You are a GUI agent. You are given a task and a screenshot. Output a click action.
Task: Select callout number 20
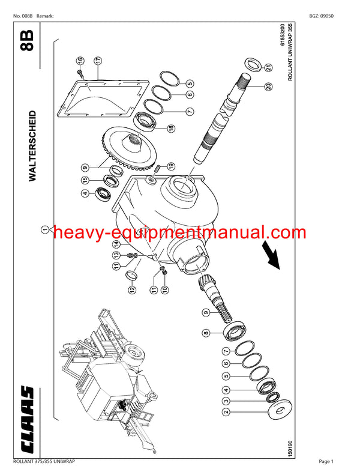pos(268,86)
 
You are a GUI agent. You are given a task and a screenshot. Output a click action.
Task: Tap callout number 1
pos(44,229)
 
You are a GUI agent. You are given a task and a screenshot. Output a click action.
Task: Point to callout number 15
pos(85,180)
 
